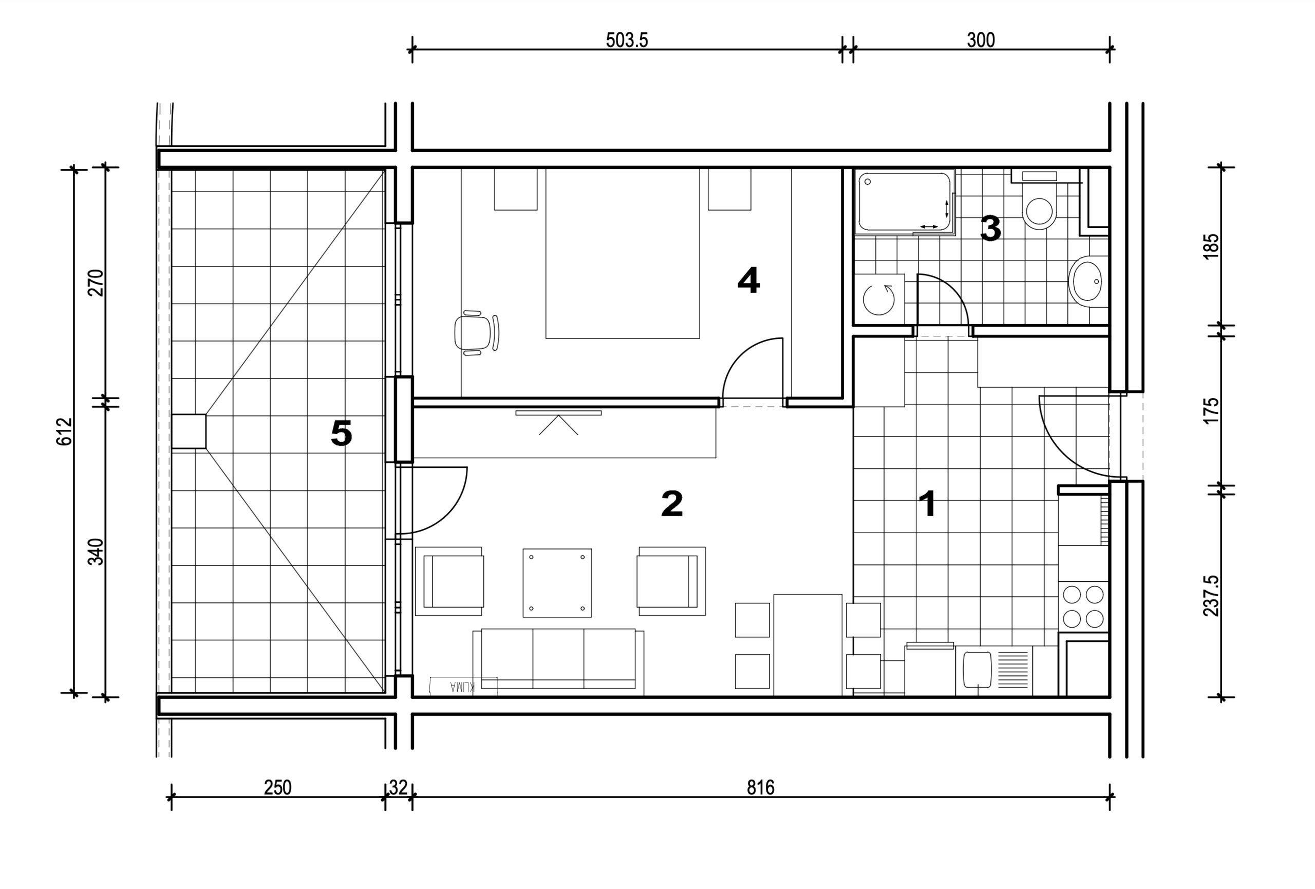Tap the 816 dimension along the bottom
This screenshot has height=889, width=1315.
760,787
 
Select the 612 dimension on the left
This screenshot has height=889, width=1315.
65,431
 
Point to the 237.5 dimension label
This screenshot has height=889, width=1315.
1211,595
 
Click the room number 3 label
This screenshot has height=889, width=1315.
990,229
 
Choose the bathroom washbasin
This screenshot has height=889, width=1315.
1088,281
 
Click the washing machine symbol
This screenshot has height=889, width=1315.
879,300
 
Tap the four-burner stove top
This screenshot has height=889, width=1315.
1083,607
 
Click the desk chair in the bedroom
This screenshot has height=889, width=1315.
476,333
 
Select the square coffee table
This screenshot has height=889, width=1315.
557,583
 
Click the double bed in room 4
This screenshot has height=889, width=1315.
623,253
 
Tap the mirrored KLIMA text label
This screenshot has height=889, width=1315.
462,687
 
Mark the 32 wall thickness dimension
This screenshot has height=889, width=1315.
398,787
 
